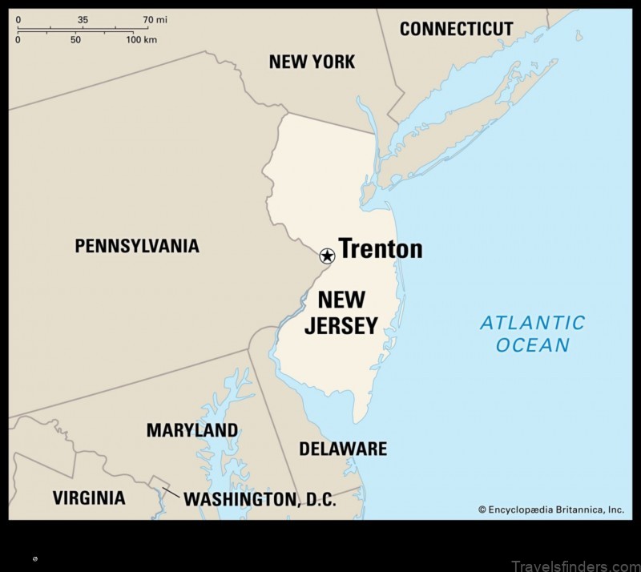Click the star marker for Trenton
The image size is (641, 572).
point(327,256)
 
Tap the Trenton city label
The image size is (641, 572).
point(380,248)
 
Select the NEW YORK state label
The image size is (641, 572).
point(312,62)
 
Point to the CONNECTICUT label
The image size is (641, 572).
point(456,29)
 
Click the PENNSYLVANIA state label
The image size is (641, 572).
point(137,246)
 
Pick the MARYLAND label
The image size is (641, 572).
point(191,430)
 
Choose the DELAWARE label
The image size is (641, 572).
point(343,449)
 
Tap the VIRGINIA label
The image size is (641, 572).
point(89,497)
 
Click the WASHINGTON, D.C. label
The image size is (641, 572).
point(260,499)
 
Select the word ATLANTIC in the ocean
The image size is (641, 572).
point(532,323)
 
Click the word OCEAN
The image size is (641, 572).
point(533,345)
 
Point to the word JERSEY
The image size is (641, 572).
point(341,325)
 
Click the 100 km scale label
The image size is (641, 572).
point(141,39)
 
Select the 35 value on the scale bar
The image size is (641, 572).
point(83,18)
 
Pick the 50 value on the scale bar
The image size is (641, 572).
point(75,39)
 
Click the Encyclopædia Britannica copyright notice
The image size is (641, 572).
point(550,509)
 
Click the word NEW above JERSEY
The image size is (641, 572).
point(341,300)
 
